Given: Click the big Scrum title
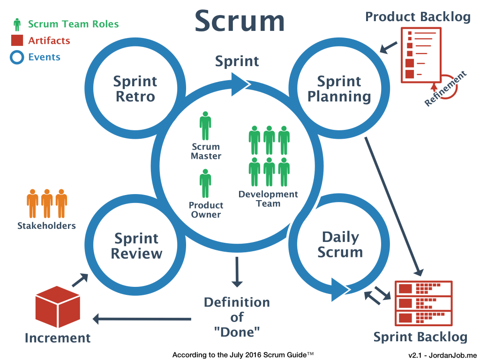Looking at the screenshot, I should [x=240, y=22].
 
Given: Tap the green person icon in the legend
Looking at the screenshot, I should [x=17, y=24].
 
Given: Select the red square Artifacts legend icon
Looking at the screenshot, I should [x=17, y=41].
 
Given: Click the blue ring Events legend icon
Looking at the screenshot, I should [x=17, y=58].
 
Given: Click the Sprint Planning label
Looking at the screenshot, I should [x=339, y=89].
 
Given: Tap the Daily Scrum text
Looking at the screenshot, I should [x=340, y=244].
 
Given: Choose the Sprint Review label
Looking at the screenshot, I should [x=136, y=246].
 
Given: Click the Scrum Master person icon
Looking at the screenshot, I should [x=205, y=126].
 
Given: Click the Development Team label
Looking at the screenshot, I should [x=268, y=199].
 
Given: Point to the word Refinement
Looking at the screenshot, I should [x=446, y=89].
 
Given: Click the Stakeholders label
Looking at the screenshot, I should [x=46, y=225].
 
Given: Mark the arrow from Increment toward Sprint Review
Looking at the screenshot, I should [x=79, y=280].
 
